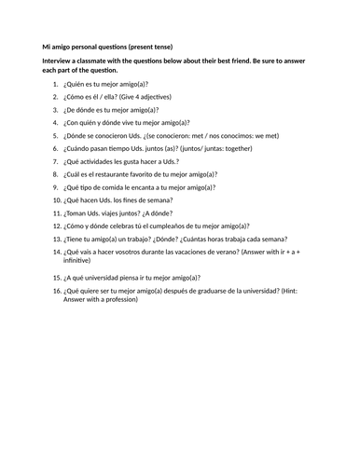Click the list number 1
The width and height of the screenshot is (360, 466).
[x=55, y=84]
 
